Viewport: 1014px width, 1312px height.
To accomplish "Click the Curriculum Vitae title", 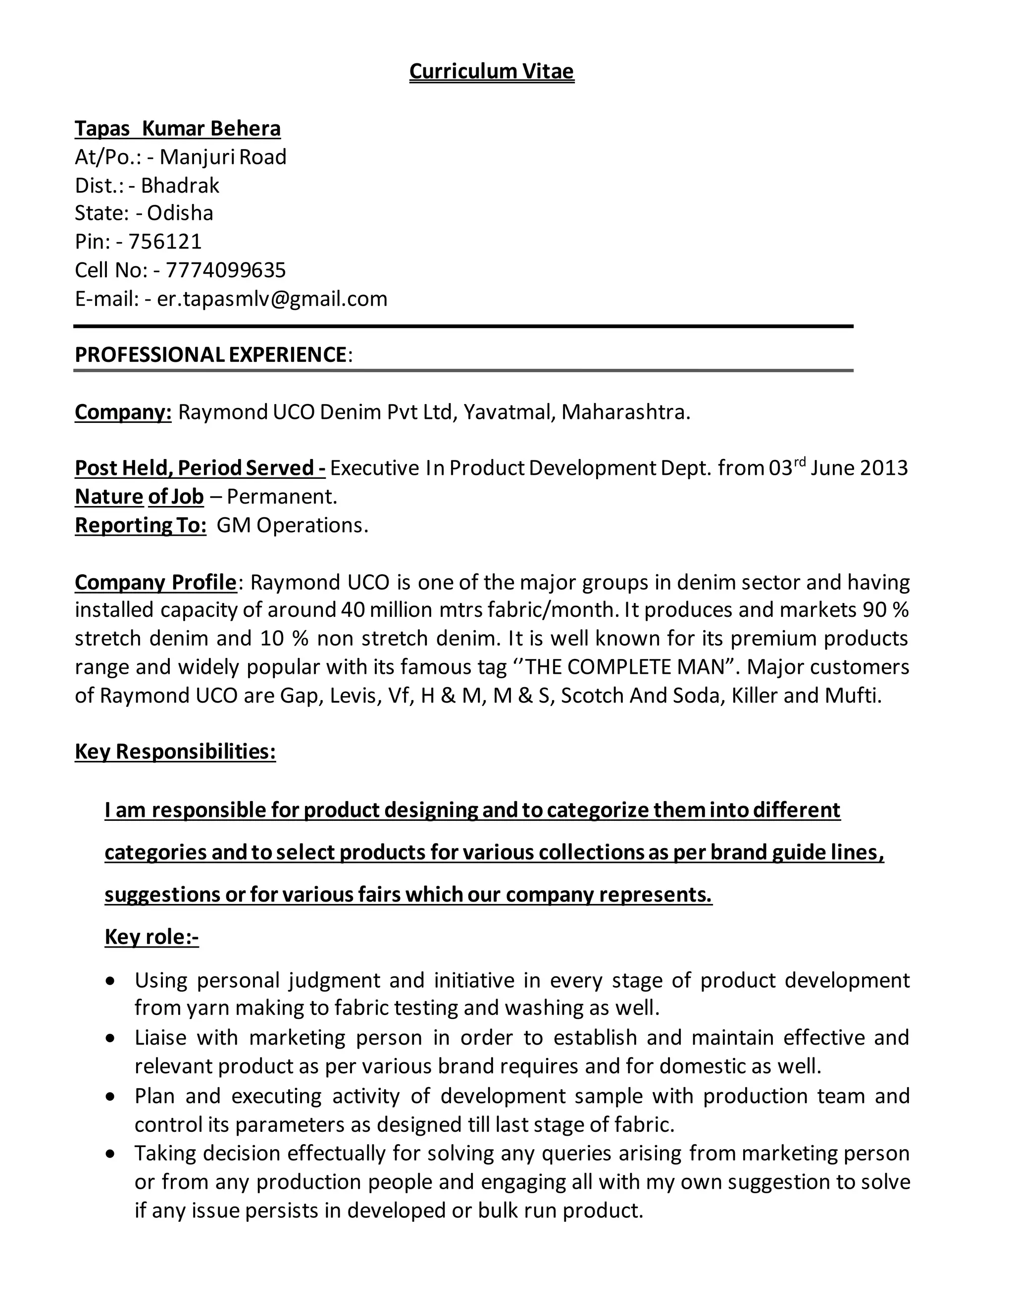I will pos(491,71).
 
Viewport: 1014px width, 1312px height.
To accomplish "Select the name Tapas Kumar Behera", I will pos(177,129).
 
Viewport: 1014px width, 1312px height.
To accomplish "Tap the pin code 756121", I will pos(165,242).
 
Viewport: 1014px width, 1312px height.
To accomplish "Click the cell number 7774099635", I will pos(225,270).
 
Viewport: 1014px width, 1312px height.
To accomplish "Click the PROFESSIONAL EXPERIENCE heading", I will pos(210,354).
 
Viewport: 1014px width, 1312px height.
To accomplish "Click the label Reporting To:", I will pos(141,526).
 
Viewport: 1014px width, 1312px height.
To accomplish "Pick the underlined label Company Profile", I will pos(155,582).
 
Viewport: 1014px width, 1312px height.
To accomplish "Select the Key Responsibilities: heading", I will pos(175,752).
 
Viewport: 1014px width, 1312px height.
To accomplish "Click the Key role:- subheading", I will pos(152,937).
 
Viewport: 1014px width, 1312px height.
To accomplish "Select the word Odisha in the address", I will pos(180,213).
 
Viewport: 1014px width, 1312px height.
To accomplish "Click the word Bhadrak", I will pos(180,186).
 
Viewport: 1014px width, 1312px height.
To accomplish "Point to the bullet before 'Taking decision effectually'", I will pos(109,1154).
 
